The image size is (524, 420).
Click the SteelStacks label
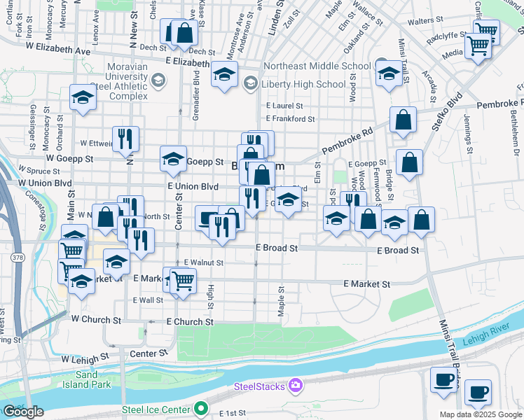[x=259, y=386]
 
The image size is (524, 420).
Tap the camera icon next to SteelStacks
[x=296, y=386]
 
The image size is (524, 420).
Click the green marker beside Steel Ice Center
[x=202, y=409]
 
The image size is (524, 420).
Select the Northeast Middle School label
[x=317, y=67]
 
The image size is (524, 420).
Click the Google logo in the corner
[x=23, y=412]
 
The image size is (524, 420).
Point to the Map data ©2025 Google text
[x=481, y=414]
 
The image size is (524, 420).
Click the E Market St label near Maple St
[x=366, y=284]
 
